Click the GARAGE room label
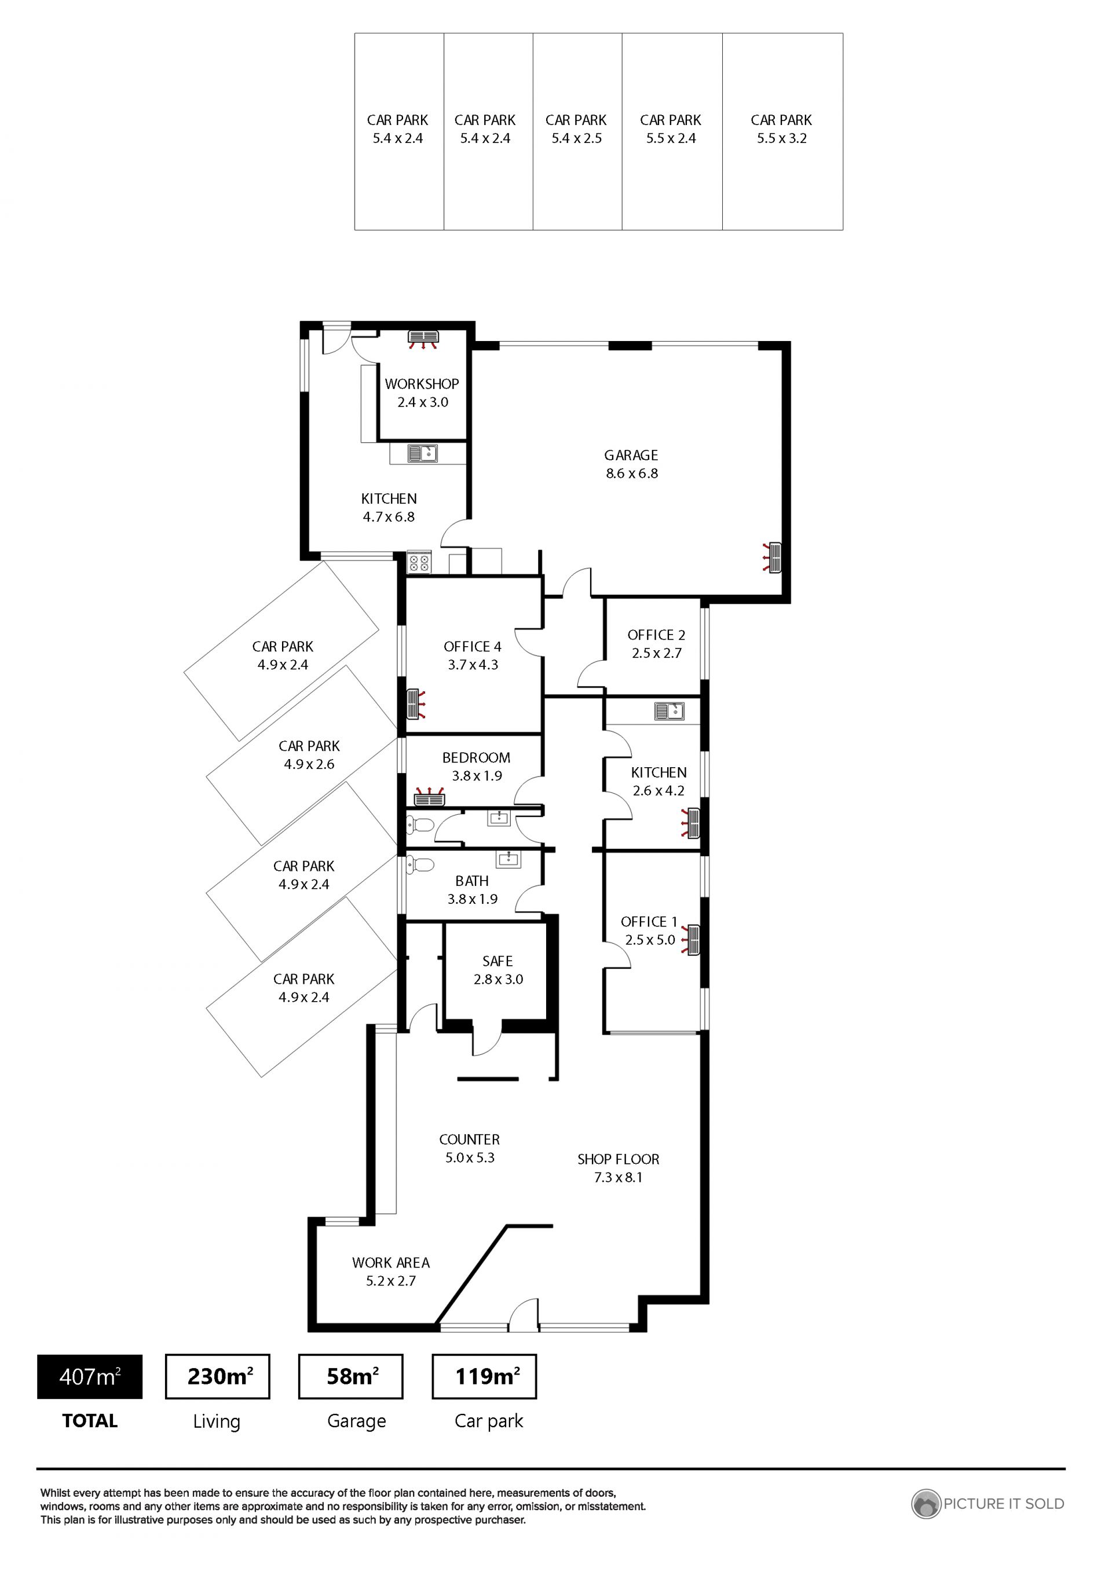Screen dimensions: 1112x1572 [631, 455]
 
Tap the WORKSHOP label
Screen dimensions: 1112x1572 [422, 384]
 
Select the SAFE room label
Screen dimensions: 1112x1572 [498, 961]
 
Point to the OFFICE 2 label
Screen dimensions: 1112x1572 [656, 635]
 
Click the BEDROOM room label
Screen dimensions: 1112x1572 [476, 758]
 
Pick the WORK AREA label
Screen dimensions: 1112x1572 [391, 1263]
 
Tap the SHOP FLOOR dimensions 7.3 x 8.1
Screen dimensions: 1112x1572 [619, 1178]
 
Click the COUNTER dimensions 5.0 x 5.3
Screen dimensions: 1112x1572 [470, 1158]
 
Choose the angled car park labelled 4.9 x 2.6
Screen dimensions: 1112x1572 [302, 755]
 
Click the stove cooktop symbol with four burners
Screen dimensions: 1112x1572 [419, 563]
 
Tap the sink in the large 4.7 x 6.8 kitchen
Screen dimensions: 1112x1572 [422, 453]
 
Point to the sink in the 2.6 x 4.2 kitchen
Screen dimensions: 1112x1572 [669, 712]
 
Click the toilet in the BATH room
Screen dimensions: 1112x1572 [419, 866]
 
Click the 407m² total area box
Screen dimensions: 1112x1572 [90, 1377]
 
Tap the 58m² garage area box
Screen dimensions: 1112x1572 [350, 1376]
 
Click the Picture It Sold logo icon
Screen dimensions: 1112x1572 [926, 1504]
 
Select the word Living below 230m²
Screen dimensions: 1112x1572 [217, 1422]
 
